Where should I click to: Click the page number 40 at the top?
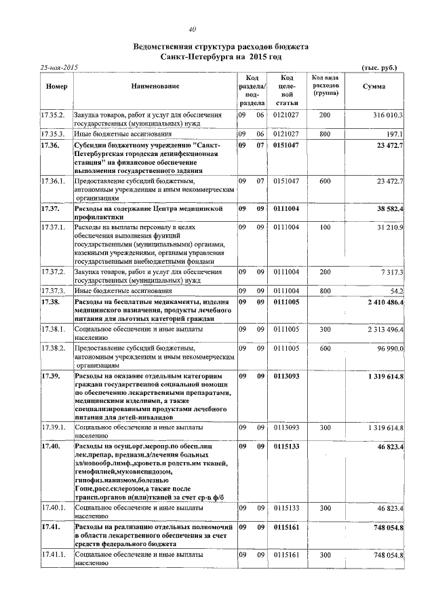click(x=192, y=28)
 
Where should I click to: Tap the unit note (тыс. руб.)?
click(x=380, y=68)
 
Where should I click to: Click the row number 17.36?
click(x=51, y=146)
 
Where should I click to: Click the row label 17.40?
click(x=51, y=447)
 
